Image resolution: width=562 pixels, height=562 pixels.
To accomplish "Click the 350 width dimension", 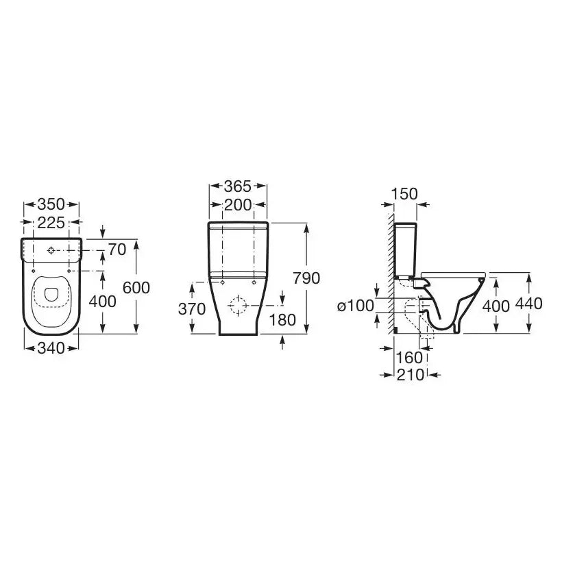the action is pyautogui.click(x=51, y=205).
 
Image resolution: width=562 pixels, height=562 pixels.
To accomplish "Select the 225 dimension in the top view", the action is pyautogui.click(x=51, y=223).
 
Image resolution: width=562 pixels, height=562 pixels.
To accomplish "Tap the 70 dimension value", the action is pyautogui.click(x=117, y=250).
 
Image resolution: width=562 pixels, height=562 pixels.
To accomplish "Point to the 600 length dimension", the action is pyautogui.click(x=136, y=288).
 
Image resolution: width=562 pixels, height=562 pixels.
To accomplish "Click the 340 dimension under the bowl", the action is pyautogui.click(x=51, y=348).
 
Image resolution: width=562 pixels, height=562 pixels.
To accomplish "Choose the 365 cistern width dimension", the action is pyautogui.click(x=238, y=186).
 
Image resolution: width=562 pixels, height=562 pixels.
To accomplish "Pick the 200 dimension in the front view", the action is pyautogui.click(x=238, y=206).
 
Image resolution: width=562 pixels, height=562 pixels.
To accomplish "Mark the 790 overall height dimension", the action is pyautogui.click(x=306, y=278).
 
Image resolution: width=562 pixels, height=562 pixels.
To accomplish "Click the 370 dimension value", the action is pyautogui.click(x=192, y=309).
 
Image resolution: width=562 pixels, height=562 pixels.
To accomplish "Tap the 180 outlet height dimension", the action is pyautogui.click(x=282, y=320).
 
